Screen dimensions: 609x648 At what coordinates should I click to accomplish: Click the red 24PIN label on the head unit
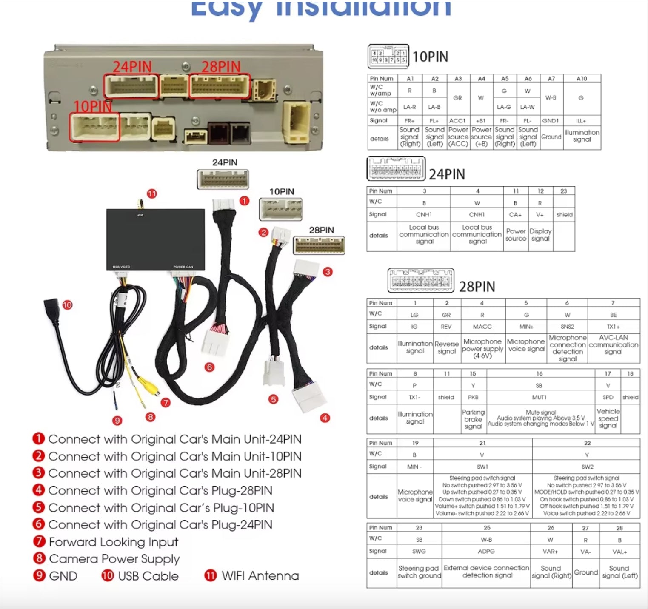tap(132, 67)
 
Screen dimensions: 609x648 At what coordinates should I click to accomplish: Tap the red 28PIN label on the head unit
tap(221, 67)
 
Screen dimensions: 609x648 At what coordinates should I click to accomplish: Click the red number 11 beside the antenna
tap(152, 194)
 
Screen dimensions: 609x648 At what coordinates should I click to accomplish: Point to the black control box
tap(155, 239)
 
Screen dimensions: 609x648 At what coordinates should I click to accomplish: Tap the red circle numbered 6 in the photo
tap(209, 367)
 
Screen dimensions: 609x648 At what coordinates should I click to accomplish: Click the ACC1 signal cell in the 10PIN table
tap(458, 121)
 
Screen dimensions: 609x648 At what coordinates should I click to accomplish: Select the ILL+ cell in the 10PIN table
tap(581, 121)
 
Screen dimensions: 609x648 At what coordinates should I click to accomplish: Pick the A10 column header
tap(582, 79)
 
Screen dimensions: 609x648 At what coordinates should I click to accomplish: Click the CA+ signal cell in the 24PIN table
tap(515, 215)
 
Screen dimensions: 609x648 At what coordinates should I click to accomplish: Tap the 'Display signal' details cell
tap(540, 235)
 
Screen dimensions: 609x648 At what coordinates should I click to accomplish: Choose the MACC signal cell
tap(482, 327)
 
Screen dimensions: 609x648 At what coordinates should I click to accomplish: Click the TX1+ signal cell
tap(613, 327)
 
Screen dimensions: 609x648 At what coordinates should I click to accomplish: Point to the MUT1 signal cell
tap(539, 397)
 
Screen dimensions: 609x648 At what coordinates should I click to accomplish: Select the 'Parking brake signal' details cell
tap(473, 419)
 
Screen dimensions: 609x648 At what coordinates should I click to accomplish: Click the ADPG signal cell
tap(486, 551)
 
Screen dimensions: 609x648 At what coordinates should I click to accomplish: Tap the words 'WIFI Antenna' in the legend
tap(260, 576)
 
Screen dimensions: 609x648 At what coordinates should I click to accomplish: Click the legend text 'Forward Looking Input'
tap(114, 542)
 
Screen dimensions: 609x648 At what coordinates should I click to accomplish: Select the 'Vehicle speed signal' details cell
tap(608, 418)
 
